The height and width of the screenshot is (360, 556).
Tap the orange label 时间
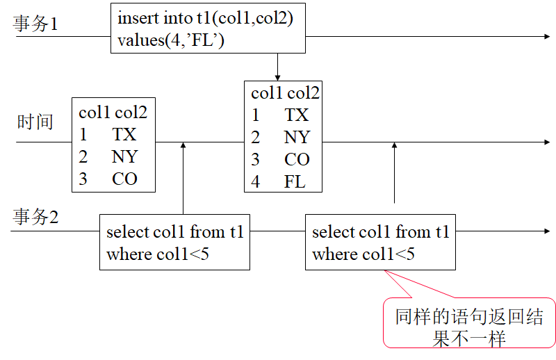(35, 122)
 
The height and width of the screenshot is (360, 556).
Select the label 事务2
(36, 217)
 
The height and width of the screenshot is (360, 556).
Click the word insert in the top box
(137, 18)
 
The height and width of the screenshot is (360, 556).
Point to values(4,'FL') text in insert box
(171, 41)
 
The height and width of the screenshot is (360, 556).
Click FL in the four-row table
(295, 182)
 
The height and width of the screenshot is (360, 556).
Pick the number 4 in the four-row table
(256, 182)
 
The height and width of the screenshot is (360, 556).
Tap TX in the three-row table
(124, 134)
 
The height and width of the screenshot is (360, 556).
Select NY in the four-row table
(297, 137)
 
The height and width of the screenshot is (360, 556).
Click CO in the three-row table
(125, 179)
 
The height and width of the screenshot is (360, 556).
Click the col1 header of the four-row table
(267, 92)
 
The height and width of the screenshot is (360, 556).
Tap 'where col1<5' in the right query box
(363, 254)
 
